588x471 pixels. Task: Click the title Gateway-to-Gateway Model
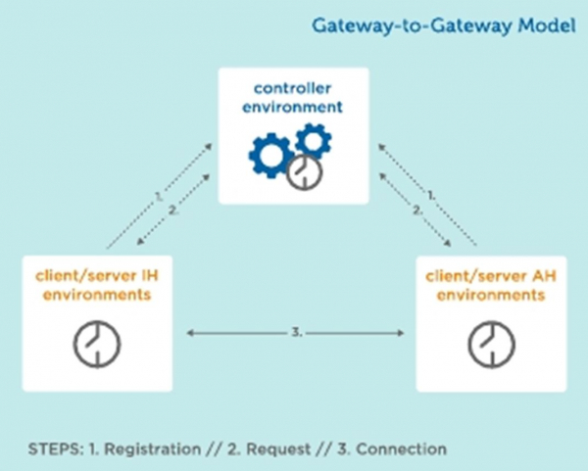(444, 26)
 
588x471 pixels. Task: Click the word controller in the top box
(292, 88)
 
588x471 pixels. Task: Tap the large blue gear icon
(271, 155)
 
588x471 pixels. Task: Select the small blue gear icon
(314, 141)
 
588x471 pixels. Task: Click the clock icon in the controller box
(305, 172)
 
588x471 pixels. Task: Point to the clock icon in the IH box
(97, 344)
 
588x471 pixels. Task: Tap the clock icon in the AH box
(491, 344)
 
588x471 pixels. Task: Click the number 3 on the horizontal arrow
(296, 332)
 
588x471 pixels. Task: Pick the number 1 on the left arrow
(159, 196)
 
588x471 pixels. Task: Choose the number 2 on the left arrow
(172, 211)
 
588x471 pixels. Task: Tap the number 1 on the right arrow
(431, 195)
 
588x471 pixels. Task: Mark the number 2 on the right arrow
(417, 211)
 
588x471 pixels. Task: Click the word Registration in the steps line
(152, 448)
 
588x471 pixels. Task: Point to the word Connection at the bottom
(401, 448)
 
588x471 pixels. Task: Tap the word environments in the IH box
(97, 295)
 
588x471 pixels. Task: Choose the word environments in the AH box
(491, 295)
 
